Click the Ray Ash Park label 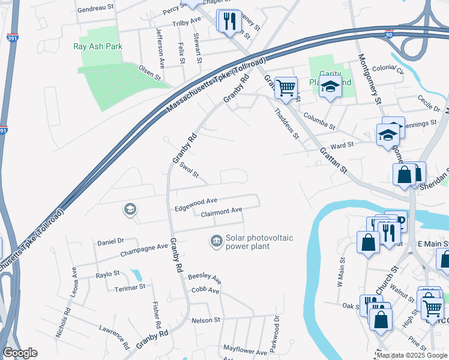tap(97, 46)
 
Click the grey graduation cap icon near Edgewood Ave tap(129, 209)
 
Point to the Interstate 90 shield tap(388, 35)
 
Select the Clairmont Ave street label tap(221, 211)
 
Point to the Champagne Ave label tap(145, 247)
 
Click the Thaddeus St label tap(286, 123)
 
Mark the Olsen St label tap(150, 73)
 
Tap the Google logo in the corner tap(20, 353)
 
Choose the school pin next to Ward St tap(388, 134)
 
